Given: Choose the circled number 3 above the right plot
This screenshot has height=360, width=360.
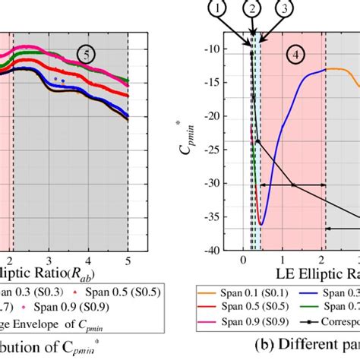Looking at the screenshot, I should [x=282, y=8].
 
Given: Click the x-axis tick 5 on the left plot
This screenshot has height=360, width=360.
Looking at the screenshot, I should [x=128, y=257].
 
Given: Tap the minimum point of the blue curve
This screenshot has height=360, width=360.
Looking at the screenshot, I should [x=261, y=224].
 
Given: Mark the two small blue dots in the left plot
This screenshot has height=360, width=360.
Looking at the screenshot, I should [x=59, y=79].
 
